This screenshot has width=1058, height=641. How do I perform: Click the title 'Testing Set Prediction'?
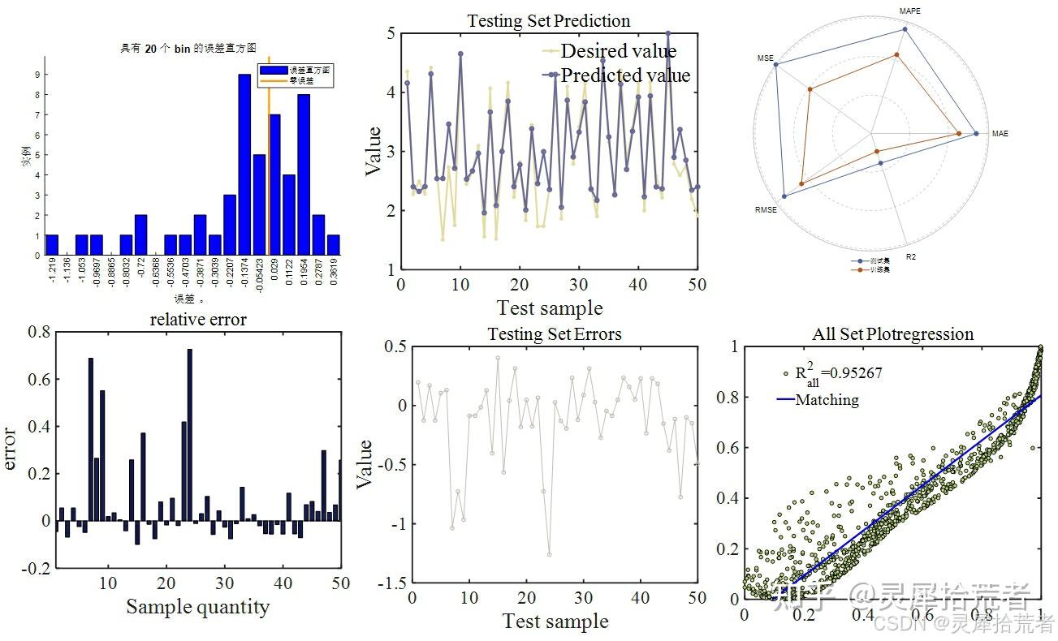(548, 20)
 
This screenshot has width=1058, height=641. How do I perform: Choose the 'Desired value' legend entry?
(618, 51)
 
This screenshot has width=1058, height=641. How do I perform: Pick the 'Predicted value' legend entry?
(625, 75)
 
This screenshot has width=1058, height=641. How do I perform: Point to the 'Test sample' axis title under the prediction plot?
(550, 308)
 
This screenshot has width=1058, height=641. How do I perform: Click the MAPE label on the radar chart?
(910, 11)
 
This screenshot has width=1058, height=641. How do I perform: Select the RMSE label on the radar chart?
(767, 210)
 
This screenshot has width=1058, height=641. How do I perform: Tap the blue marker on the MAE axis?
(976, 133)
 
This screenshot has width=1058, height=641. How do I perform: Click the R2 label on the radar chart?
(911, 256)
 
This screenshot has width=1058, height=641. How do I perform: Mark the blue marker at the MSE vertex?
(776, 65)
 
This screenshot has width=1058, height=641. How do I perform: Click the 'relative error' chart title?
(198, 319)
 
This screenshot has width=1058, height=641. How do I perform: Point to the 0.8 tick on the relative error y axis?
(38, 331)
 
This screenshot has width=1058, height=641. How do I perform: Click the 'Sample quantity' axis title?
(197, 606)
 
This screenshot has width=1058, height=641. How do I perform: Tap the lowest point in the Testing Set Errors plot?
(549, 555)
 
